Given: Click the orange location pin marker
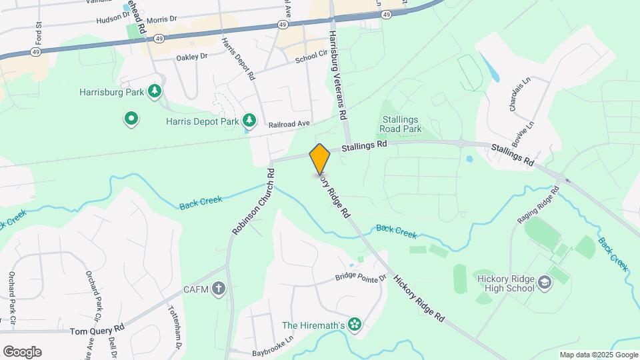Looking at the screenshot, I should coord(320,159).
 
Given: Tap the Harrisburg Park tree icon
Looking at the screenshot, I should coord(155,91).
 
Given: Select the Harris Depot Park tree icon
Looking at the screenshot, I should coord(249,120).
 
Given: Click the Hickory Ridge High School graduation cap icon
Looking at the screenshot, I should coord(545,283).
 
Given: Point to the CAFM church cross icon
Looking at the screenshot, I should coord(219,289).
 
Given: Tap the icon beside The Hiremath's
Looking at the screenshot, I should coord(354,325).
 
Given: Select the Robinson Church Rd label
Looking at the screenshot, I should coord(253,200).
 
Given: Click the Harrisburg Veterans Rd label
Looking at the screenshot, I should coord(338,74).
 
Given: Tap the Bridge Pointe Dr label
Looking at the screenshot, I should coord(361,277).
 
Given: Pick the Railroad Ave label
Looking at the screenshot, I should coord(289,124).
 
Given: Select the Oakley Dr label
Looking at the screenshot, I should coord(192,57).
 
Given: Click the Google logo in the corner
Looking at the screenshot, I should coord(22,351).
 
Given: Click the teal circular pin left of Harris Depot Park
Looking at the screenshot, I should coord(131,120).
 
